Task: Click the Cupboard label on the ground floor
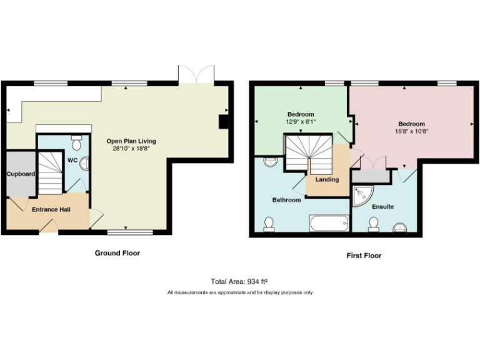(x=21, y=174)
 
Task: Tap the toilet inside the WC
(x=77, y=143)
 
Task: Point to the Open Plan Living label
(x=131, y=141)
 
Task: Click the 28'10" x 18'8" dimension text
(x=131, y=149)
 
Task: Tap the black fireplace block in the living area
(x=223, y=121)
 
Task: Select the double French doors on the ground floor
(x=196, y=74)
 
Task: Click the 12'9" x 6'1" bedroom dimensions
(x=301, y=122)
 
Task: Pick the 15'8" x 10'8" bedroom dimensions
(x=411, y=131)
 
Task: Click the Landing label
(x=327, y=179)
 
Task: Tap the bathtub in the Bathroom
(x=329, y=223)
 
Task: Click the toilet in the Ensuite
(x=374, y=224)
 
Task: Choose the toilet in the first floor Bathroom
(x=270, y=224)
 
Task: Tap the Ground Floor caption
(x=117, y=253)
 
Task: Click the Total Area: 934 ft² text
(x=239, y=281)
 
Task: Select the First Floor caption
(x=364, y=256)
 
